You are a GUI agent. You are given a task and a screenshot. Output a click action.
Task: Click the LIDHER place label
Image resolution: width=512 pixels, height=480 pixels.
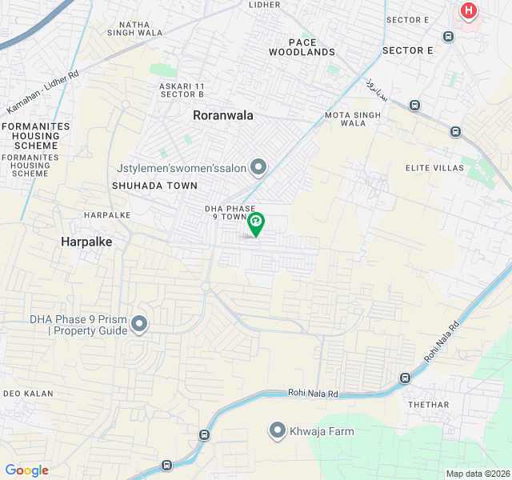point(265,5)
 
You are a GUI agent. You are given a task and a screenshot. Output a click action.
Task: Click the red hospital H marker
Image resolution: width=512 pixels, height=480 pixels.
point(468,12)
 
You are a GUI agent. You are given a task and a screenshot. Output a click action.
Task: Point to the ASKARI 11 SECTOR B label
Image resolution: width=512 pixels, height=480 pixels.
point(182,90)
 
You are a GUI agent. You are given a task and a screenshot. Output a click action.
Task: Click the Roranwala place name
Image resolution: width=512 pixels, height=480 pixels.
point(222,115)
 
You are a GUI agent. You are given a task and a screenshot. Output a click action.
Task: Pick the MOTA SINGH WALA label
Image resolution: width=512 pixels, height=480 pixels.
point(353,119)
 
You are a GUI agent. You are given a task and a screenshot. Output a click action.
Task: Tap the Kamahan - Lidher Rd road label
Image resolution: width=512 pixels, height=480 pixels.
point(43,92)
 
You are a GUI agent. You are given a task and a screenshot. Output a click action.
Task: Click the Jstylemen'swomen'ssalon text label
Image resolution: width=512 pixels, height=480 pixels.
point(181,167)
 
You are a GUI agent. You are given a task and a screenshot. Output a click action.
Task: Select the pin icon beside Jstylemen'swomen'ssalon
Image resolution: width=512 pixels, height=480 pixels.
point(258,167)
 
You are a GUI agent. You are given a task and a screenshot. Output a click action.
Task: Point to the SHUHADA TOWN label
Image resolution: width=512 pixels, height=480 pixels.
point(154,186)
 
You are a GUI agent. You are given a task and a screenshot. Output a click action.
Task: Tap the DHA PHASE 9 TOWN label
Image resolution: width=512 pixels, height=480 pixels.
point(226,213)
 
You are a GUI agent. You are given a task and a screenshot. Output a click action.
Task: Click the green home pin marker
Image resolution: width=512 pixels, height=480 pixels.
point(255,221)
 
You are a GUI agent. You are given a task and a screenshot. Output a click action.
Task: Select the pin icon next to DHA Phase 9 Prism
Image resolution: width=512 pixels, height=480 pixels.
point(139,324)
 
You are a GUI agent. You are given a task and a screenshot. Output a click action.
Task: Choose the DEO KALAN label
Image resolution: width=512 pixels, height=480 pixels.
point(27,394)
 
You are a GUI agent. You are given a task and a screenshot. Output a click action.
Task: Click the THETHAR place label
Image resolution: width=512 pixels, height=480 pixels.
point(429,405)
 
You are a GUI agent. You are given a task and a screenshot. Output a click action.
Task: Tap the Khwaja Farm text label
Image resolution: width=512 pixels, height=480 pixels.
point(322,431)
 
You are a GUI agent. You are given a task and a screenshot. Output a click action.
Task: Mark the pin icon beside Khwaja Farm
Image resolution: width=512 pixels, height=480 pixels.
point(278,430)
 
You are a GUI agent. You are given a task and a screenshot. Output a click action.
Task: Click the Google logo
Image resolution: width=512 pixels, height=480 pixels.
point(26,470)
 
